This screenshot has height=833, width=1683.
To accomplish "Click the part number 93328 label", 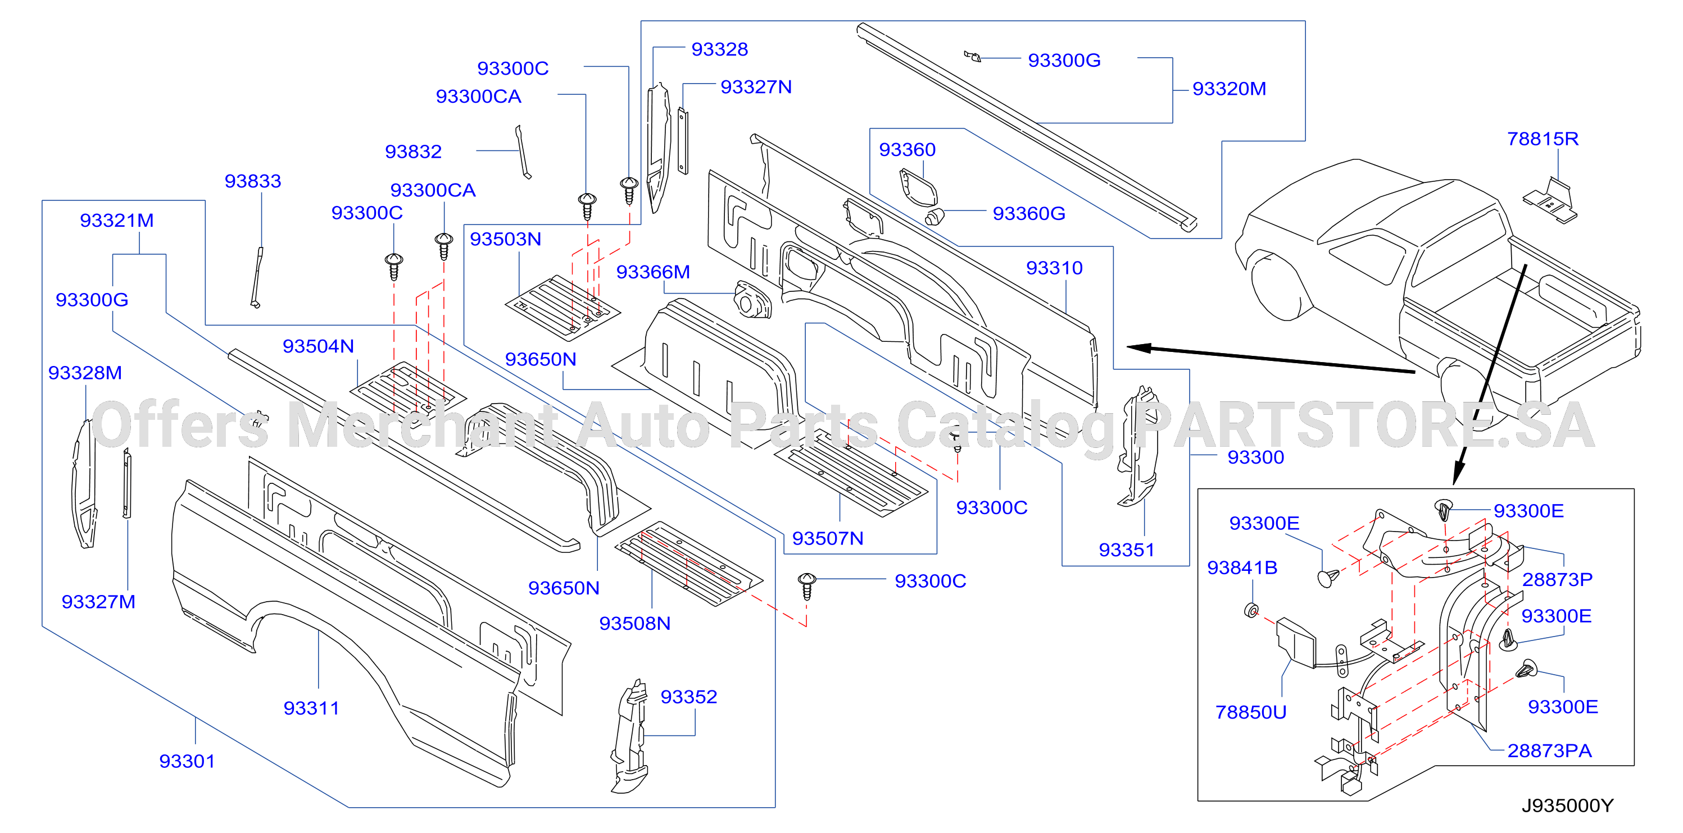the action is [719, 49].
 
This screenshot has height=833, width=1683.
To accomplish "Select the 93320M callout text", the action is [1229, 89].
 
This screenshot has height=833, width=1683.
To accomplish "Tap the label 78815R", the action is [1543, 139].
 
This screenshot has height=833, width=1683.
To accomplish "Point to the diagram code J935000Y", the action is [1567, 805].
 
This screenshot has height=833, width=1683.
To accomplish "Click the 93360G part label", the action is [1029, 213].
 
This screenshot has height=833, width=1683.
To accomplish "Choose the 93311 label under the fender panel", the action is [312, 708].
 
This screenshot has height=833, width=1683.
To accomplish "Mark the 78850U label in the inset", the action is [1250, 712].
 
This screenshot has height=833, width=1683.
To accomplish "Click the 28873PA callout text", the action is [1550, 750].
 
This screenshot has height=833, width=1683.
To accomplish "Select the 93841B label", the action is [1242, 567].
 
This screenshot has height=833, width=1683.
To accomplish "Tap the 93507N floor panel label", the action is [828, 538].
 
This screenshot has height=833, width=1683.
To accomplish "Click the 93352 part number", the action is [688, 697].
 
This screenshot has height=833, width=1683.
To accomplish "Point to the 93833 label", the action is [253, 181].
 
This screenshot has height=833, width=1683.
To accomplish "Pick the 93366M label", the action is [652, 272].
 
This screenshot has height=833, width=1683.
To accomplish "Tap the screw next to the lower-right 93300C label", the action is [807, 585].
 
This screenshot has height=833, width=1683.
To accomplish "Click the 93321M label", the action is [117, 220].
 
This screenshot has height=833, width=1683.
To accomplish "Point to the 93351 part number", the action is [1126, 550].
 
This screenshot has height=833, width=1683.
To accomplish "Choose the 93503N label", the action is [506, 239].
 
